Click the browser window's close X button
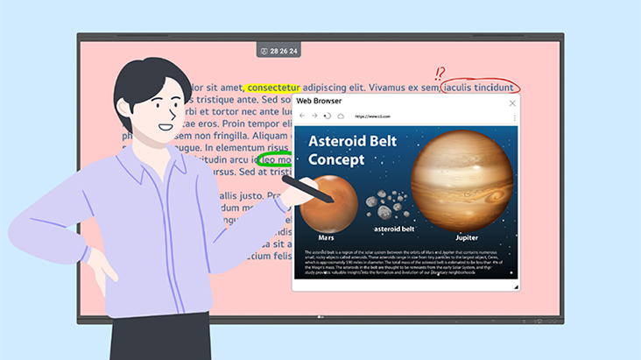click(512, 102)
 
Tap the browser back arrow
click(302, 116)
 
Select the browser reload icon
click(328, 116)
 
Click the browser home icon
click(340, 116)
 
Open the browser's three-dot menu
click(514, 116)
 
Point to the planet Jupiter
click(461, 180)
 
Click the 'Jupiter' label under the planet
click(467, 237)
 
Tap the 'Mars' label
click(327, 237)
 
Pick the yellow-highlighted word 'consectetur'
click(273, 88)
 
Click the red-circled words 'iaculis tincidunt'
click(480, 88)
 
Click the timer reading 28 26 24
click(285, 52)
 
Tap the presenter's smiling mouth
click(166, 127)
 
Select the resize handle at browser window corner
click(515, 286)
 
